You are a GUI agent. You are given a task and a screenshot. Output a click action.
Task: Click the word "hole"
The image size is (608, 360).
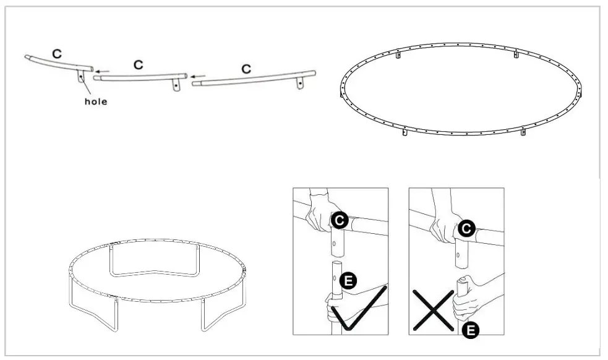point(95,101)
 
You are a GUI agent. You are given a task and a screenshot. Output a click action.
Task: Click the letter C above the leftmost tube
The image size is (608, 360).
point(57,54)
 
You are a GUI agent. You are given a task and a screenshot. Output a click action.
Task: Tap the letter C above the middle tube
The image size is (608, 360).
point(139,64)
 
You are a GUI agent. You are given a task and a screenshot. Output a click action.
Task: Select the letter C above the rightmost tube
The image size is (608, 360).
point(246,69)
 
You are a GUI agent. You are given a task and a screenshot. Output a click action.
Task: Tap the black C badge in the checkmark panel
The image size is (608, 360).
point(338,220)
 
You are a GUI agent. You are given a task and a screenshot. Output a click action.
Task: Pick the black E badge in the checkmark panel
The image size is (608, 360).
point(349,280)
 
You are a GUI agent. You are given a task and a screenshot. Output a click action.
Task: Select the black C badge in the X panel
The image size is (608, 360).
point(467,228)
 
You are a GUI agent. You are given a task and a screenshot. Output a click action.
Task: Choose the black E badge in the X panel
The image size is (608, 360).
point(470,330)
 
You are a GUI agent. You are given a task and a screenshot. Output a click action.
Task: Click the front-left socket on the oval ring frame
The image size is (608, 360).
point(405,133)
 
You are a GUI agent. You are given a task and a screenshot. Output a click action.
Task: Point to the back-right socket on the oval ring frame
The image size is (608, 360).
point(517,55)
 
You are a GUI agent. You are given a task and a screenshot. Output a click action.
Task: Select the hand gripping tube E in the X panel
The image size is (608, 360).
point(466,300)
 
